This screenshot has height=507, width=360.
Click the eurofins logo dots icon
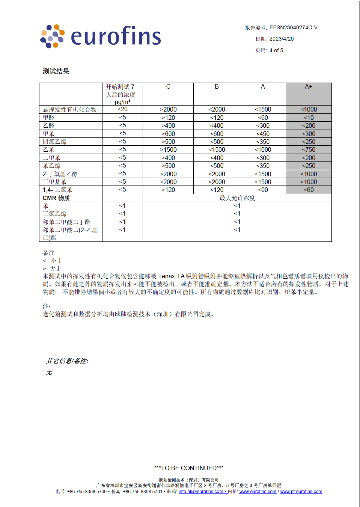[x=52, y=36]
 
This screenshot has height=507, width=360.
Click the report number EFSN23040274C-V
[x=293, y=27]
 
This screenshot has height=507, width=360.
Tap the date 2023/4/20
[x=282, y=39]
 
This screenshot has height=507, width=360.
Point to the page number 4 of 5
[x=276, y=50]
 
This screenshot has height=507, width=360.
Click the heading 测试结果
[x=56, y=71]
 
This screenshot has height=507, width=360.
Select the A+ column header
[x=309, y=87]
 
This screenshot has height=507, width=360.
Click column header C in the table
[x=168, y=87]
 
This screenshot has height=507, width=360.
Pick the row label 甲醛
[x=49, y=118]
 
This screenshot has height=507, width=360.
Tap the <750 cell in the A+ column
[x=309, y=149]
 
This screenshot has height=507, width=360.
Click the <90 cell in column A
[x=263, y=190]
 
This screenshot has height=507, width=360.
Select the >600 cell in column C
[x=168, y=134]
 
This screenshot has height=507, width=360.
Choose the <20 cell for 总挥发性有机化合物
[x=122, y=109]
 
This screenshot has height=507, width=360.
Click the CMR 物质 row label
[x=56, y=198]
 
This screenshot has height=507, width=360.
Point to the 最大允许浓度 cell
[x=237, y=198]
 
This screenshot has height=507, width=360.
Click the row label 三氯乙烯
[x=55, y=214]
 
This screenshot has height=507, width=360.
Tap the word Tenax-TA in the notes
[x=171, y=276]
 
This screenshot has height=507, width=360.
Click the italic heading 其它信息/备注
[x=67, y=361]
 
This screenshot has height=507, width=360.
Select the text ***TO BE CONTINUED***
[x=189, y=468]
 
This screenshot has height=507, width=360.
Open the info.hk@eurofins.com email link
[x=201, y=492]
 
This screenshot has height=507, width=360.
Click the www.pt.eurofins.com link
[x=301, y=492]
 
